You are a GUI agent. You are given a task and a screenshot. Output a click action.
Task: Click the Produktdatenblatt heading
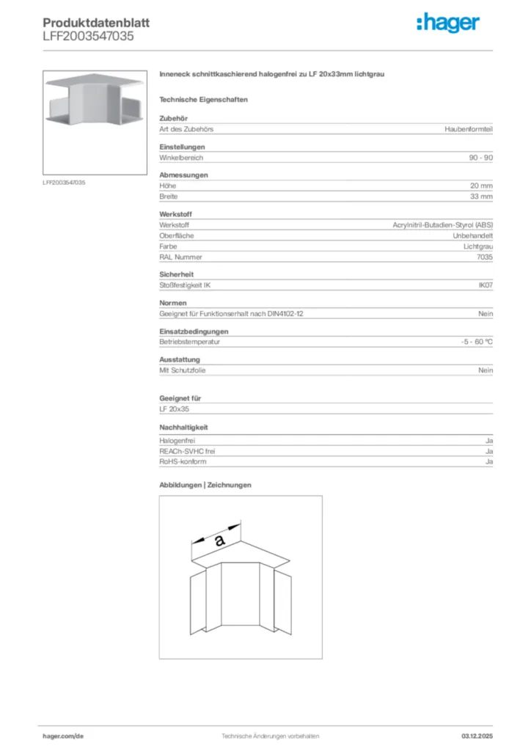96,23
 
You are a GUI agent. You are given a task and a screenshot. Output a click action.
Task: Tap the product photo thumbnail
95,122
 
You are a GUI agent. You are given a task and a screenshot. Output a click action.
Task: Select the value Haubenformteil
469,129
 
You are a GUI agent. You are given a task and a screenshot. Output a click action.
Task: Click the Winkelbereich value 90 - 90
481,158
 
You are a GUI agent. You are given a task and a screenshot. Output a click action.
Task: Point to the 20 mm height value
481,186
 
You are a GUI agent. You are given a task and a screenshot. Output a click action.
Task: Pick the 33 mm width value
481,197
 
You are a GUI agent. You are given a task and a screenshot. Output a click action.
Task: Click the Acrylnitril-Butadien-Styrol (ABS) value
443,225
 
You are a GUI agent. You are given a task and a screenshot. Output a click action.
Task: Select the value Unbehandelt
472,236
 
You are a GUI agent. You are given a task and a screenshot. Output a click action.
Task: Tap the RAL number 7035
485,257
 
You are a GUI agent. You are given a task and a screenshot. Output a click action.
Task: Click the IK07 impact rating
486,285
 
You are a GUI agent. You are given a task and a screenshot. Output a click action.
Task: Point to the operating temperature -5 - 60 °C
472,342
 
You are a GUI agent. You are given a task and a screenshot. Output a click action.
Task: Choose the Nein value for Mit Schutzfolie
486,370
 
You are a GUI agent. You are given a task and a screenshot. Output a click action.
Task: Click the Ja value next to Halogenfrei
488,441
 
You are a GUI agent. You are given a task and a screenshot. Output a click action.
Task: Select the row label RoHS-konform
183,462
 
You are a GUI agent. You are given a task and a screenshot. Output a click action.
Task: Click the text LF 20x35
174,409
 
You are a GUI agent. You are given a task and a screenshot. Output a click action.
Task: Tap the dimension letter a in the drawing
218,541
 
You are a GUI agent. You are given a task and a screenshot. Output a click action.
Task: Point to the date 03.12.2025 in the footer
476,736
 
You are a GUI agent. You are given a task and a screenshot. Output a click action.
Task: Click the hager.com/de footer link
63,736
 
